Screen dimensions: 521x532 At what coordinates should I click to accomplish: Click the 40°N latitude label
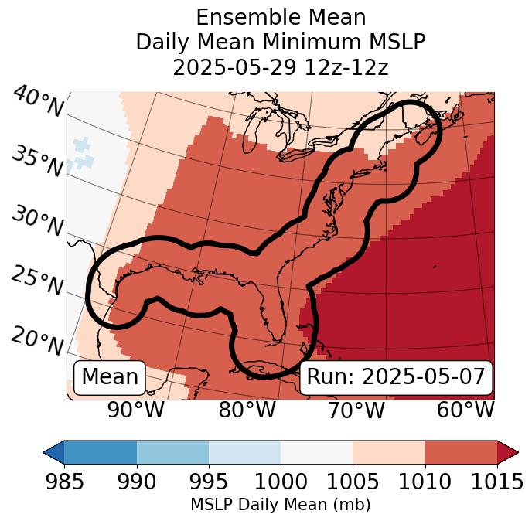tap(37, 103)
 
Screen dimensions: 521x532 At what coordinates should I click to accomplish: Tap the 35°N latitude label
tap(37, 161)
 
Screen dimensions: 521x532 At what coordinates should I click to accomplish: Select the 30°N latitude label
tap(37, 222)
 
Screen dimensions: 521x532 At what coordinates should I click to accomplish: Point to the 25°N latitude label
tap(37, 281)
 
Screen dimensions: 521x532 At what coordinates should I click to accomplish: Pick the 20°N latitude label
tap(37, 340)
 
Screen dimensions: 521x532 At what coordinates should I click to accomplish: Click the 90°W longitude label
tap(136, 410)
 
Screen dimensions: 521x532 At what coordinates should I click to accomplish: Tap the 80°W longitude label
tap(247, 410)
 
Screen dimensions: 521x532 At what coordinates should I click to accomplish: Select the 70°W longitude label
tap(355, 410)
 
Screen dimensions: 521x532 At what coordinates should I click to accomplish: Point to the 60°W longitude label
tap(465, 410)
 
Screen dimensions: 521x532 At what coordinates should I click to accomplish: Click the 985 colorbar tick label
tap(64, 482)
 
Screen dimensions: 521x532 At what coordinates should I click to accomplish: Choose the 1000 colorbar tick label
tap(281, 482)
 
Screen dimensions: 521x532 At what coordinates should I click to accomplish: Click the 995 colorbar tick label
tap(209, 482)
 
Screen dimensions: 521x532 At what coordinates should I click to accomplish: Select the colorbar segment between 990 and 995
tap(172, 451)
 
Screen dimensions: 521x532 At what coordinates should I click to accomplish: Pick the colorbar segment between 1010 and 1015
tap(461, 451)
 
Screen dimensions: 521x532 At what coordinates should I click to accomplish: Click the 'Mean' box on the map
tap(110, 377)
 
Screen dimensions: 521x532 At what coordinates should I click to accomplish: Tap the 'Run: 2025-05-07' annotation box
tap(396, 377)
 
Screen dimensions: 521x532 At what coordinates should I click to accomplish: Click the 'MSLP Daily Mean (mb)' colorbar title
tap(280, 506)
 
